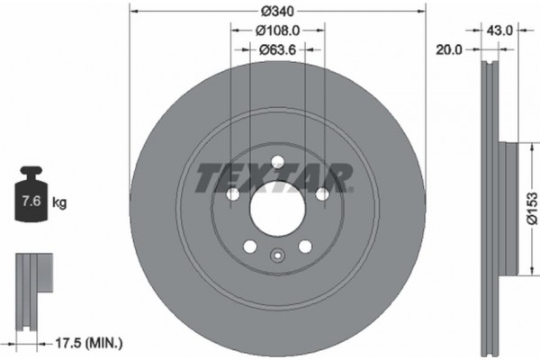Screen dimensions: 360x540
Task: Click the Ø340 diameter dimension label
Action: (276, 11)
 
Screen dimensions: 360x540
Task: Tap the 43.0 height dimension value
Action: (499, 30)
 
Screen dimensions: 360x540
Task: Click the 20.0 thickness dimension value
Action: (447, 50)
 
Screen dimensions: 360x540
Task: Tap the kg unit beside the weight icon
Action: (60, 203)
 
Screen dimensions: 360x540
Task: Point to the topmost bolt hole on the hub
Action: (276, 162)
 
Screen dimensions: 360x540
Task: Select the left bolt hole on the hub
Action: (231, 194)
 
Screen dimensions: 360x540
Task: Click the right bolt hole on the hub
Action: (321, 194)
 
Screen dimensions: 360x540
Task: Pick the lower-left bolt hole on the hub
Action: (249, 247)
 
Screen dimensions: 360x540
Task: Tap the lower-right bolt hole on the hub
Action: (304, 247)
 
